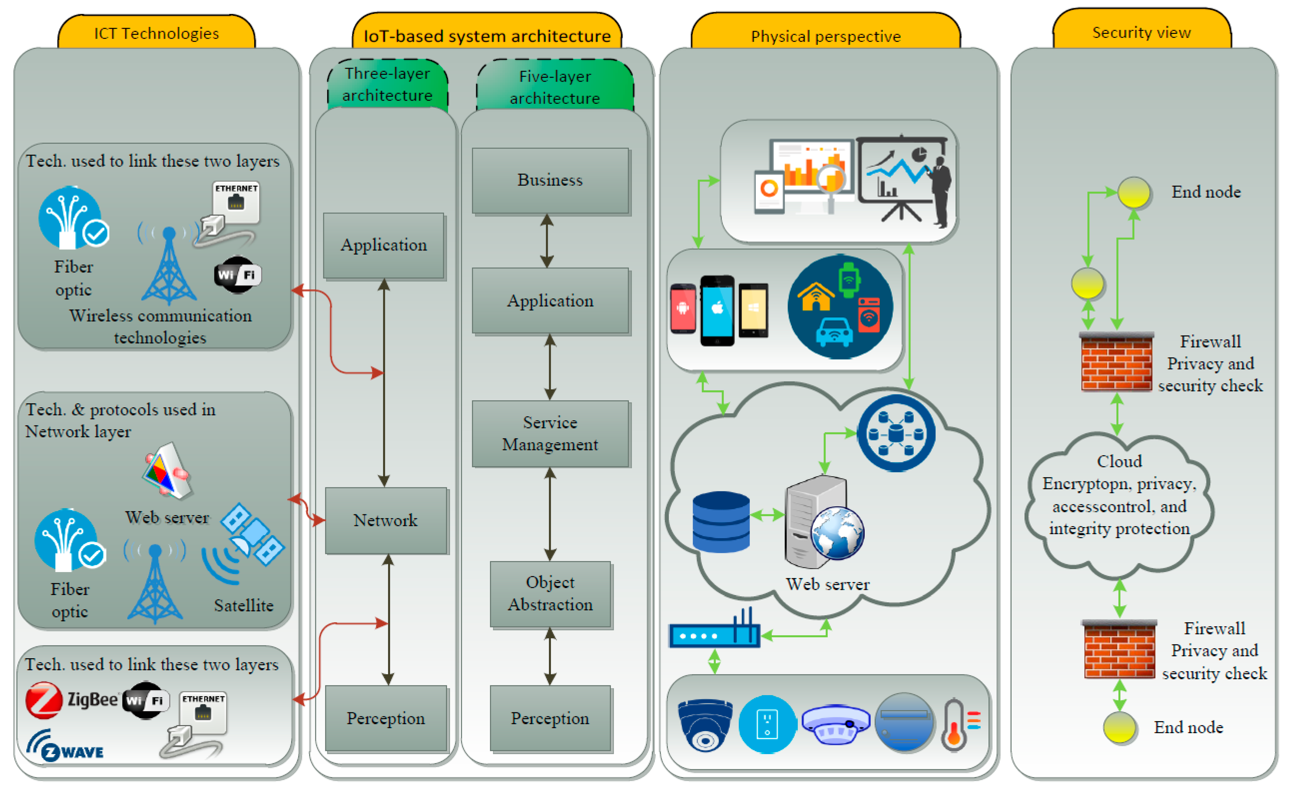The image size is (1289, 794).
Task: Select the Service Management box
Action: pyautogui.click(x=551, y=434)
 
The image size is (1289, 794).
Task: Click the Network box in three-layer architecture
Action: pyautogui.click(x=386, y=520)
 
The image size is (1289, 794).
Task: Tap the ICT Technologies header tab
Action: pyautogui.click(x=156, y=31)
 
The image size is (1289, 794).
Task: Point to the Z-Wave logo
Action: pyautogui.click(x=65, y=746)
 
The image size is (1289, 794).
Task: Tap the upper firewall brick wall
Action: pyautogui.click(x=1117, y=362)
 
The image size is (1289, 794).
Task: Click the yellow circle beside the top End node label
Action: pyautogui.click(x=1134, y=192)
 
